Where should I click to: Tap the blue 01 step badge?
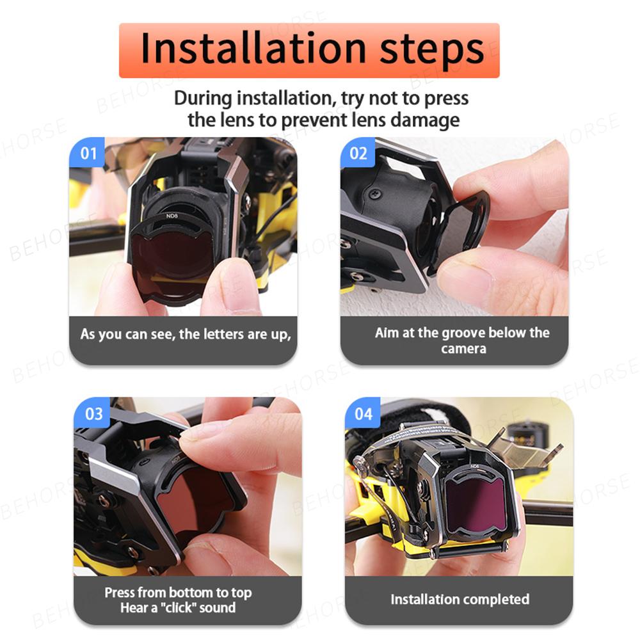coord(88,154)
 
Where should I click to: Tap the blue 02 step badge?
coord(358,154)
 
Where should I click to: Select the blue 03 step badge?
coord(93,413)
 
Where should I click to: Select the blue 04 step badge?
coord(364,413)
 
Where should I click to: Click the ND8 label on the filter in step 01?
coord(172,216)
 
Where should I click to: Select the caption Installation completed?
coord(460,600)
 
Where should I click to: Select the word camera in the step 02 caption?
coord(463,349)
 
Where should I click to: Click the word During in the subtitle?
coord(203,99)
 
